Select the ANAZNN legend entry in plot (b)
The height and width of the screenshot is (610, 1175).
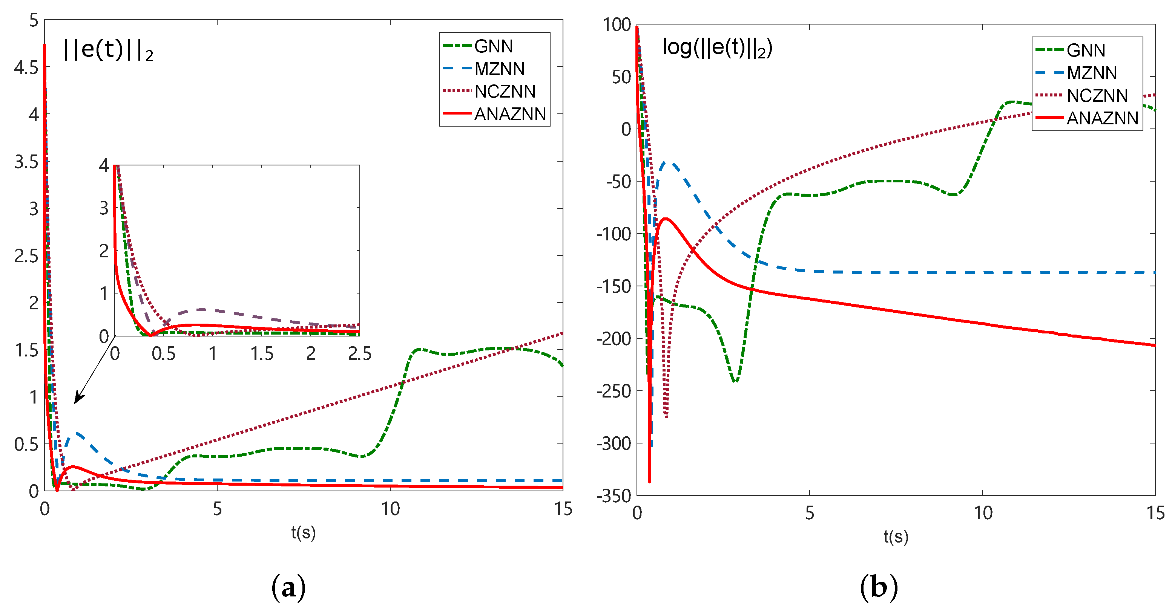tap(1102, 118)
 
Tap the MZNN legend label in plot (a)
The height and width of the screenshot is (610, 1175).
tap(499, 69)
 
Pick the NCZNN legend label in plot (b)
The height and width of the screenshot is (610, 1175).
tap(1097, 95)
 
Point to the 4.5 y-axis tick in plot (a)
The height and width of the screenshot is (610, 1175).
tap(26, 67)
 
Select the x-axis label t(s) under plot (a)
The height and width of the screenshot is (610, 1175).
tap(303, 532)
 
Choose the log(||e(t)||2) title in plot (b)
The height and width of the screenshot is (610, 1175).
tap(717, 47)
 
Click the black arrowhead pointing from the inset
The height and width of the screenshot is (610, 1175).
tap(78, 399)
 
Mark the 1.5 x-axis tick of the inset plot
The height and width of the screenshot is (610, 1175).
tap(262, 354)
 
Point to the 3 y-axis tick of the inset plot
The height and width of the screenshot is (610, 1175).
tap(104, 208)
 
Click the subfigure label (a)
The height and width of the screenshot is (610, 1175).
tap(288, 587)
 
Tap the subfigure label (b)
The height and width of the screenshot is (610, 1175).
tap(879, 587)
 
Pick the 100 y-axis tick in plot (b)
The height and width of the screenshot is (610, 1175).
tap(616, 24)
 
